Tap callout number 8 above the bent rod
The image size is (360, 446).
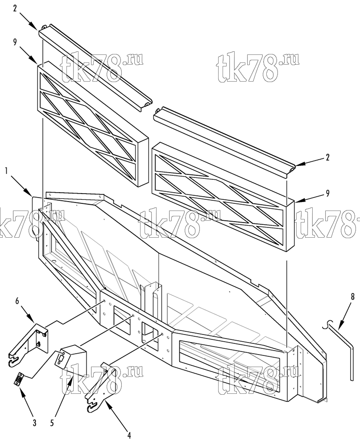pos(352,297)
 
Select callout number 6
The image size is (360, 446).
pos(17,301)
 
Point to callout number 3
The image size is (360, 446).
pos(35,423)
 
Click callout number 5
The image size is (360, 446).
pos(52,423)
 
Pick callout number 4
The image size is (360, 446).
pos(129,435)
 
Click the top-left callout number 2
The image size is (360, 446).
pos(15,8)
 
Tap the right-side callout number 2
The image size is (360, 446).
pos(327,157)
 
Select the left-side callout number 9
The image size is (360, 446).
pos(15,42)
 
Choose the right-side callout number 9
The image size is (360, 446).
pos(328,194)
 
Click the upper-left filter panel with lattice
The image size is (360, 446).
pos(93,124)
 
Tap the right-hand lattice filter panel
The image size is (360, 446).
pos(223,197)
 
